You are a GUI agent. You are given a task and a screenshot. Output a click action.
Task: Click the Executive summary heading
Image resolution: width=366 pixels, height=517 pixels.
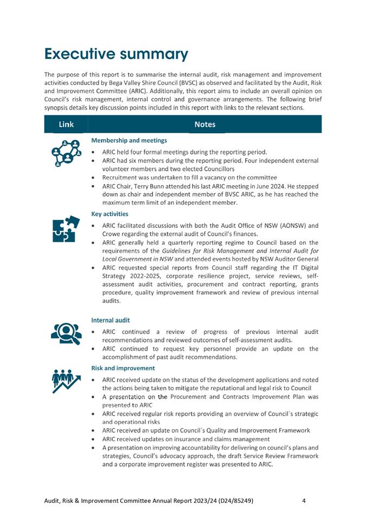pos(116,54)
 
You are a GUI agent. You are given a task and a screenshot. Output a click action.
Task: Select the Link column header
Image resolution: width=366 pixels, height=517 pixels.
pos(66,125)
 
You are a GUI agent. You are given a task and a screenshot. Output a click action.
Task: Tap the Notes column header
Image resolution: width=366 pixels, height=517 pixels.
pos(205,125)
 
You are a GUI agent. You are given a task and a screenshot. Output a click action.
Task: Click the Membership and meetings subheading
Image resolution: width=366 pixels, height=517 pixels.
pos(129,140)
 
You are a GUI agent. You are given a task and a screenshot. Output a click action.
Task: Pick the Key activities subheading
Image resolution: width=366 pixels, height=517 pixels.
pos(110,214)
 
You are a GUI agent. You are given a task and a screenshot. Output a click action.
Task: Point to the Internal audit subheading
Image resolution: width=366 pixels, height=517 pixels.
pos(110,320)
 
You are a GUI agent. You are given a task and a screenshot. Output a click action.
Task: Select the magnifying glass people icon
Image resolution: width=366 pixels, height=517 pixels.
pos(66,333)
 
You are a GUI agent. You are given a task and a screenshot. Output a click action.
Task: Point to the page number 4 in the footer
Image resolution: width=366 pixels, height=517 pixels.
pos(304,501)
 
